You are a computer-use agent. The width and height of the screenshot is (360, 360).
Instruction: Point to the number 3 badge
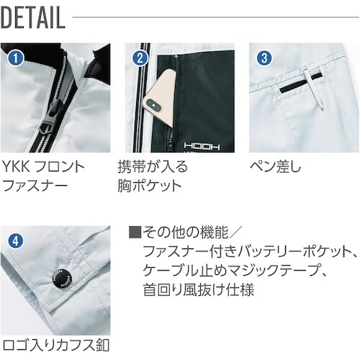click(264, 55)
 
